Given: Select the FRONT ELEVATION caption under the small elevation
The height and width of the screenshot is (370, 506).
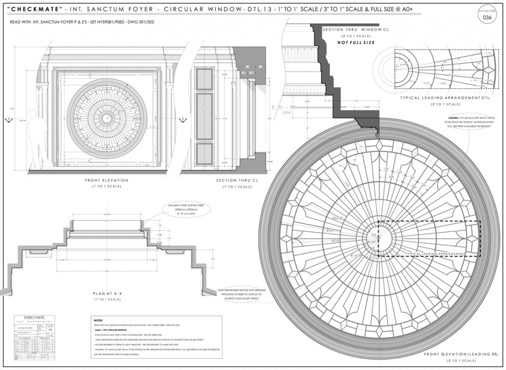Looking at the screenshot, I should (x=107, y=180).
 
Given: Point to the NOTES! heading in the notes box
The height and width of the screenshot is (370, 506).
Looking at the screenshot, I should (x=98, y=320).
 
